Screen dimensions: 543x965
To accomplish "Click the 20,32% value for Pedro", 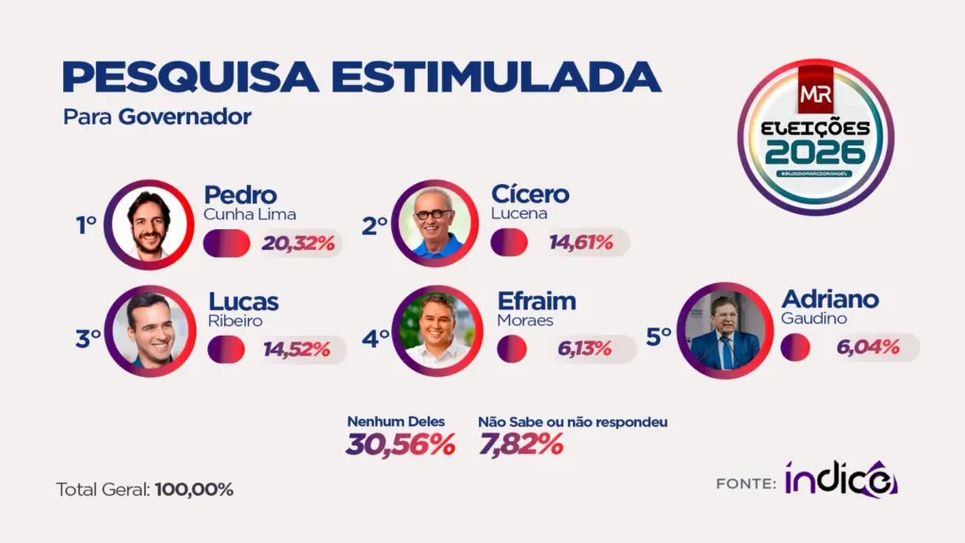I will pos(299,243).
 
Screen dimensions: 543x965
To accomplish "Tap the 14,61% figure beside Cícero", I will pos(581,242).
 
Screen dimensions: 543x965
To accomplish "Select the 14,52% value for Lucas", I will pos(297,349).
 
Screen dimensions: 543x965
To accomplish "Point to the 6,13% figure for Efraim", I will pos(584,349).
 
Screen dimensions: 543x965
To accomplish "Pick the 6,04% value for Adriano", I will pos(868,348).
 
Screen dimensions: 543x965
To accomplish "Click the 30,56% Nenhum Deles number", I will pos(401,444).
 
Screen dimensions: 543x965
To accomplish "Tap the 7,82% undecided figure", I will pos(520,444).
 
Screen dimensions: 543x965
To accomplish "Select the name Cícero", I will pos(531,194).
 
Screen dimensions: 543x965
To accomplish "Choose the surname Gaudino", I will pos(814,319).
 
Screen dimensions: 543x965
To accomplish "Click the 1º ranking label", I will pos(87,225).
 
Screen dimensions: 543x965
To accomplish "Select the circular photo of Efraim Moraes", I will pos(435,332).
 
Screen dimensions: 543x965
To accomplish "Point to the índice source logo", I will pos(841,480).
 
